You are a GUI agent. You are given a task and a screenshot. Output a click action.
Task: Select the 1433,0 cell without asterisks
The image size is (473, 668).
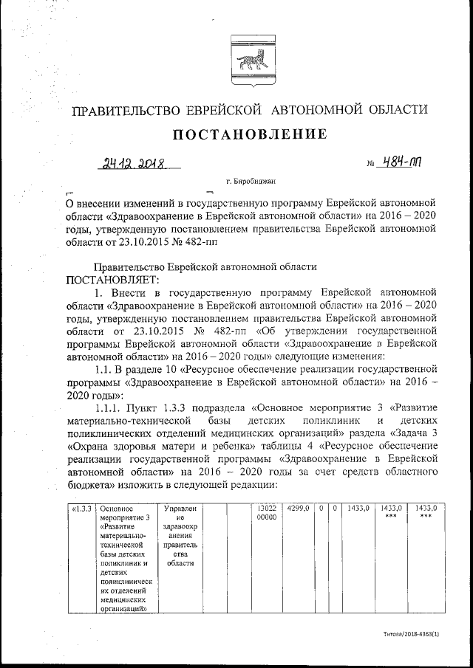(358, 509)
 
